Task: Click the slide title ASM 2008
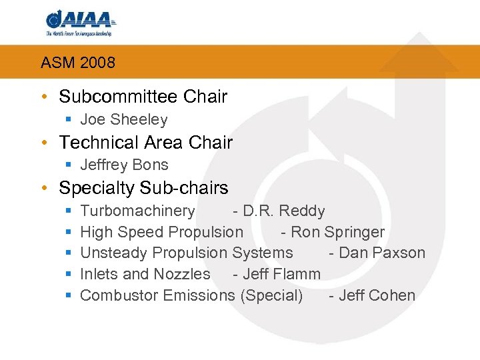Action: pyautogui.click(x=78, y=63)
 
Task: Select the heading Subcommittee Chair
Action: pyautogui.click(x=143, y=97)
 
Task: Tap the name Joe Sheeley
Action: pyautogui.click(x=123, y=120)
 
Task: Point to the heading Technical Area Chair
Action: pyautogui.click(x=145, y=142)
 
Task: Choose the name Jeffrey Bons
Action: pyautogui.click(x=124, y=165)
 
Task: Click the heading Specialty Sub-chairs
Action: pyautogui.click(x=143, y=188)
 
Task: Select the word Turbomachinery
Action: pyautogui.click(x=137, y=211)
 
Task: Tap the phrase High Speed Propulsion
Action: pyautogui.click(x=161, y=233)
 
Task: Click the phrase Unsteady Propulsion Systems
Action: pyautogui.click(x=186, y=253)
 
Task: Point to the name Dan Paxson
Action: pyautogui.click(x=382, y=253)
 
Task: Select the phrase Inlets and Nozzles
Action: pyautogui.click(x=145, y=274)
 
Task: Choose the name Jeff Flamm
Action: pyautogui.click(x=282, y=274)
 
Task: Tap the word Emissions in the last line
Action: pyautogui.click(x=203, y=295)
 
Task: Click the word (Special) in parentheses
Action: pyautogui.click(x=271, y=295)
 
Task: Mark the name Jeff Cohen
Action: pyautogui.click(x=377, y=295)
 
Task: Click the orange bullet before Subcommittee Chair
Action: pyautogui.click(x=44, y=97)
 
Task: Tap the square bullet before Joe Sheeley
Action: pyautogui.click(x=69, y=121)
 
